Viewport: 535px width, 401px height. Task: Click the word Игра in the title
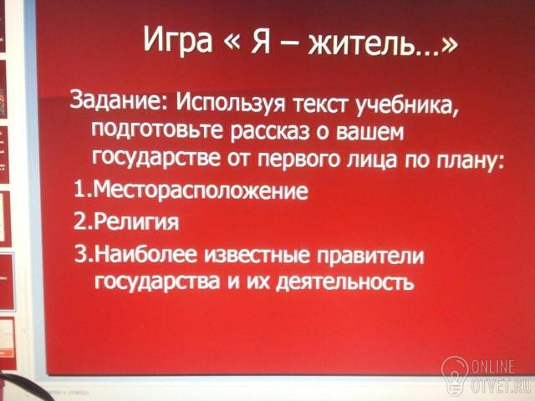178,40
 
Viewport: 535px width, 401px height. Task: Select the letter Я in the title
260,41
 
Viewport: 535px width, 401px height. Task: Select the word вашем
370,132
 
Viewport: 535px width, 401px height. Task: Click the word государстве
156,157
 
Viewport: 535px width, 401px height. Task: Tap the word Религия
135,223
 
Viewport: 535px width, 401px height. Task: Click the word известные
257,256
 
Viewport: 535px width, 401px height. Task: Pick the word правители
370,256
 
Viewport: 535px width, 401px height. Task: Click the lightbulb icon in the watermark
455,376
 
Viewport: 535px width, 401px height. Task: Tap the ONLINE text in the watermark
493,368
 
